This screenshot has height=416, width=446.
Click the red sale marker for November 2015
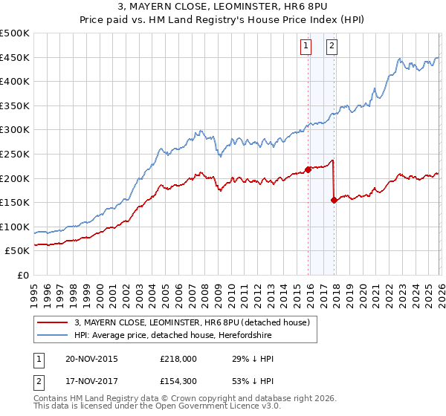click(x=308, y=169)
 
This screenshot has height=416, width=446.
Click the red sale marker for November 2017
click(x=334, y=200)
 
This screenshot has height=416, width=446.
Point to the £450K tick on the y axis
click(x=15, y=58)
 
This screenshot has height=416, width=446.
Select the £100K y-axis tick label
click(x=15, y=227)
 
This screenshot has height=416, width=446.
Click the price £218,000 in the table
click(x=178, y=359)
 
